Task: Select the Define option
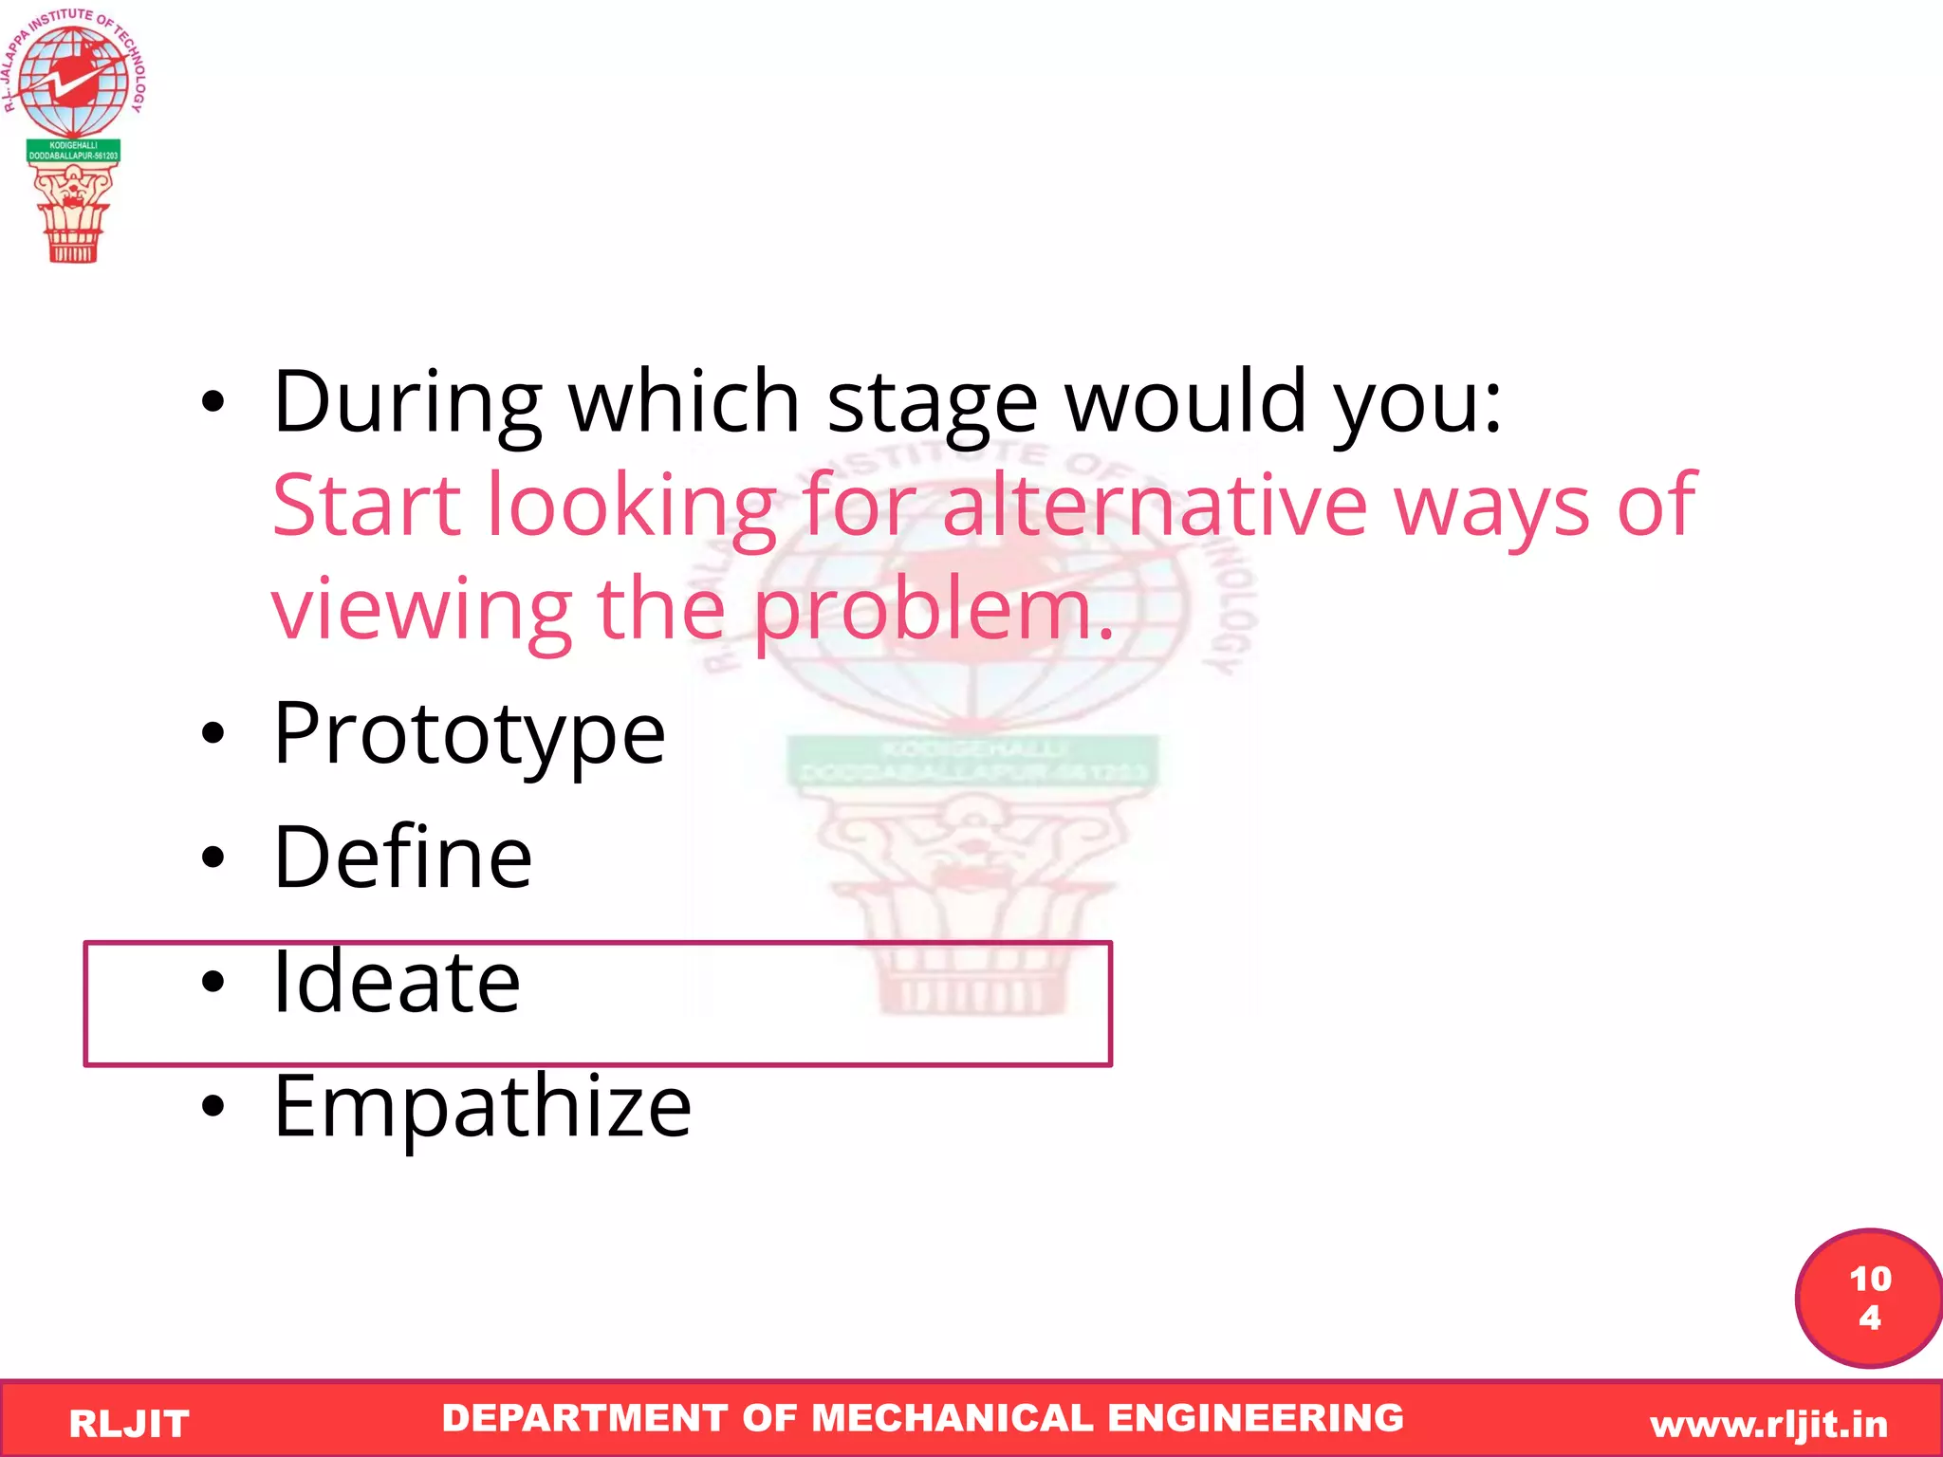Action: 402,858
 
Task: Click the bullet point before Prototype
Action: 213,733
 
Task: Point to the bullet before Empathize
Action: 213,1106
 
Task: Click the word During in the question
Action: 408,402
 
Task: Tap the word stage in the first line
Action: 933,402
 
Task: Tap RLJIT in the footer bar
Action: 129,1424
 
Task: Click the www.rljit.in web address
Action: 1768,1424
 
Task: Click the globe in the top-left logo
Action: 73,81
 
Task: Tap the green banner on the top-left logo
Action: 73,151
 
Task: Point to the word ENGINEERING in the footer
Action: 1255,1418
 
